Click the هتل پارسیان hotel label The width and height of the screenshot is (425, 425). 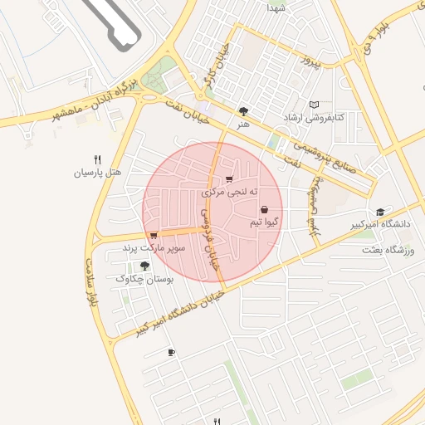[99, 173]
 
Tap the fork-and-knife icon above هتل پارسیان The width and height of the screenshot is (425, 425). [98, 159]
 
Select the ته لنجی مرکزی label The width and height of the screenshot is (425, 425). [228, 192]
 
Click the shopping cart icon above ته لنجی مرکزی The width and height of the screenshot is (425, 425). [229, 178]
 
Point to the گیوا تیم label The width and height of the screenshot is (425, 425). [265, 222]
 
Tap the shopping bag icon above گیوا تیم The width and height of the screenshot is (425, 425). [264, 209]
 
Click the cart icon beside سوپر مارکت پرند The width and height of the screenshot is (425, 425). [154, 235]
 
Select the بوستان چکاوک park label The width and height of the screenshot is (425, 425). [145, 280]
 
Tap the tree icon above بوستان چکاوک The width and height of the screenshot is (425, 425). [145, 266]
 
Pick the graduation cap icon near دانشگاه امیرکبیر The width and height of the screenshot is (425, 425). [380, 212]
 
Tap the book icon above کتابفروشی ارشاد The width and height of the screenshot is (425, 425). [313, 105]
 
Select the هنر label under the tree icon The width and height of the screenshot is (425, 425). [242, 124]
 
